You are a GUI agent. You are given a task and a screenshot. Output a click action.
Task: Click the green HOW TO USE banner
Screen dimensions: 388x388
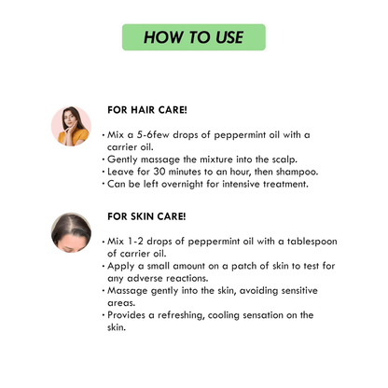point(194,37)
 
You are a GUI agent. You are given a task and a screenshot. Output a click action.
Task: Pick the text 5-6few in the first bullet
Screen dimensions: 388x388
point(155,134)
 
